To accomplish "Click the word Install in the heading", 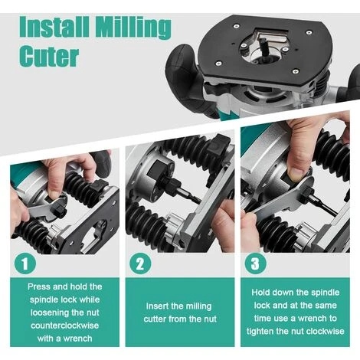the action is click(x=54, y=26).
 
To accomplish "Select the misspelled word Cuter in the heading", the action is click(x=49, y=56).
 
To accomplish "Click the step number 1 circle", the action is click(x=25, y=263).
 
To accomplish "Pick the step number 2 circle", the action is click(x=140, y=263).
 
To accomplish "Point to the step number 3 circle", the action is click(x=255, y=263).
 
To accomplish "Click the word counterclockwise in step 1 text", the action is click(x=64, y=326).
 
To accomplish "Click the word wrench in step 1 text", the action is click(x=77, y=339).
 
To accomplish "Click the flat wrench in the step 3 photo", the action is click(x=283, y=198).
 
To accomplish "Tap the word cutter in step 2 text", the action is click(x=155, y=319).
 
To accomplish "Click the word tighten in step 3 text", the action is click(x=260, y=331).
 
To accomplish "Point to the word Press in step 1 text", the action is click(x=39, y=286).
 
